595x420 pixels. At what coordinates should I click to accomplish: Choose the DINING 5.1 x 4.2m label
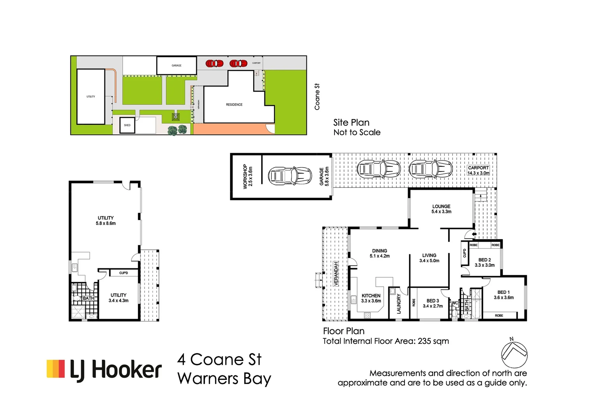pos(379,254)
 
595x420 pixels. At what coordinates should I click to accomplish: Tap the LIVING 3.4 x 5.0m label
pos(429,258)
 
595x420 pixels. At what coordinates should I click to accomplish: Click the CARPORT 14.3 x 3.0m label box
pos(478,170)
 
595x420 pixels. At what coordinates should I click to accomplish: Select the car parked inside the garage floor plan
pos(290,176)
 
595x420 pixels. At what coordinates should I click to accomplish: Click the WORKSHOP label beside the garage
pos(248,176)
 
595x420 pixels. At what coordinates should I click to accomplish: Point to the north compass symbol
pos(514,353)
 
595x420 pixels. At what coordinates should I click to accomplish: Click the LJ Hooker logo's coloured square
pos(56,369)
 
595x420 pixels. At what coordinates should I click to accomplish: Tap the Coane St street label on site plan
pos(317,97)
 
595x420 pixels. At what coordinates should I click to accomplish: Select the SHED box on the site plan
pos(127,125)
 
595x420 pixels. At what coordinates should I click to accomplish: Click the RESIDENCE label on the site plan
pos(234,105)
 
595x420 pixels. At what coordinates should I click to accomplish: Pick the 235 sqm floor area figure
pos(433,341)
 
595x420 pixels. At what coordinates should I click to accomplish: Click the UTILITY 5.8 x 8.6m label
pos(106,220)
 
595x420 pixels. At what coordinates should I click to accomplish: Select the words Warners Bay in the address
pos(224,378)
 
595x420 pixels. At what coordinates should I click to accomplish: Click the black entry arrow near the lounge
pos(474,234)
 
